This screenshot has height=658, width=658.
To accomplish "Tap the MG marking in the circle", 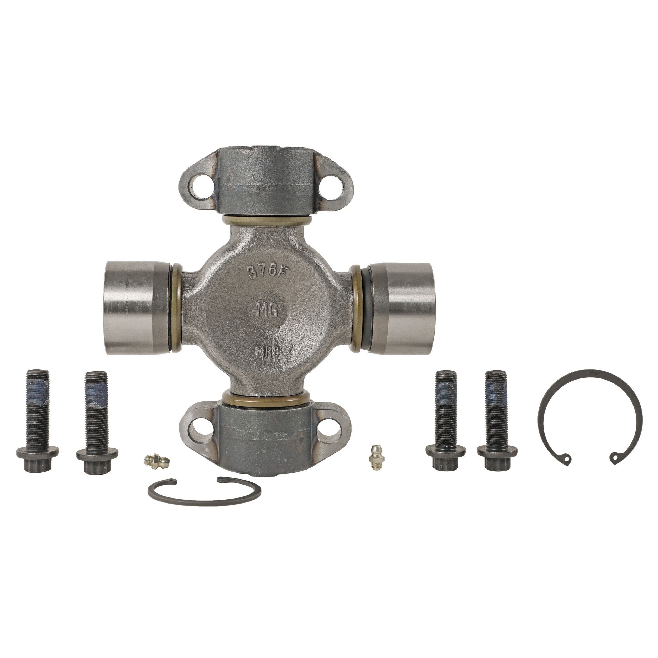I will pos(268,310).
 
